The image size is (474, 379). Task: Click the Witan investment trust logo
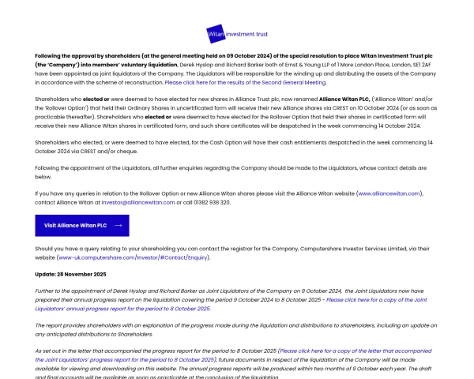pyautogui.click(x=236, y=35)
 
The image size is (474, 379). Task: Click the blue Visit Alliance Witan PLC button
pyautogui.click(x=82, y=225)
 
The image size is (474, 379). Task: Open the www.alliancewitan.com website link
pyautogui.click(x=389, y=193)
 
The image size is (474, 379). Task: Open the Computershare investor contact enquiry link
pyautogui.click(x=134, y=257)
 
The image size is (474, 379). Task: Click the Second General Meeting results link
pyautogui.click(x=244, y=82)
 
